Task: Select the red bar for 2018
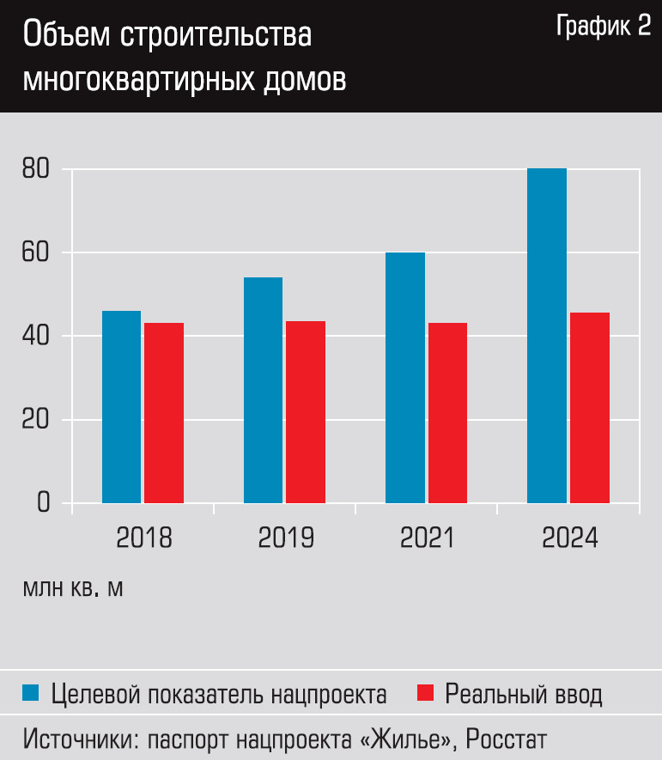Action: pos(163,412)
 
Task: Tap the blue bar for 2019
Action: pos(263,390)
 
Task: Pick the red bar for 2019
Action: pos(306,411)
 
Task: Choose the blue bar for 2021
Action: pos(405,377)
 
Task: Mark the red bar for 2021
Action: pos(447,412)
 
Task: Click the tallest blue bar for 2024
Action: pos(547,335)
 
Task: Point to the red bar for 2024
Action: pos(589,407)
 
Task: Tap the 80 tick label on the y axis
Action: pos(37,169)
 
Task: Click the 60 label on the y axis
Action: pos(37,252)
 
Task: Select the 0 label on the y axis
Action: pos(44,502)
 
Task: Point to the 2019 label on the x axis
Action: pos(286,538)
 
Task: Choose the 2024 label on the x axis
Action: pos(569,538)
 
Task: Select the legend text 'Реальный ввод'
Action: pos(524,694)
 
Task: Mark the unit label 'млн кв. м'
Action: pos(74,590)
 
